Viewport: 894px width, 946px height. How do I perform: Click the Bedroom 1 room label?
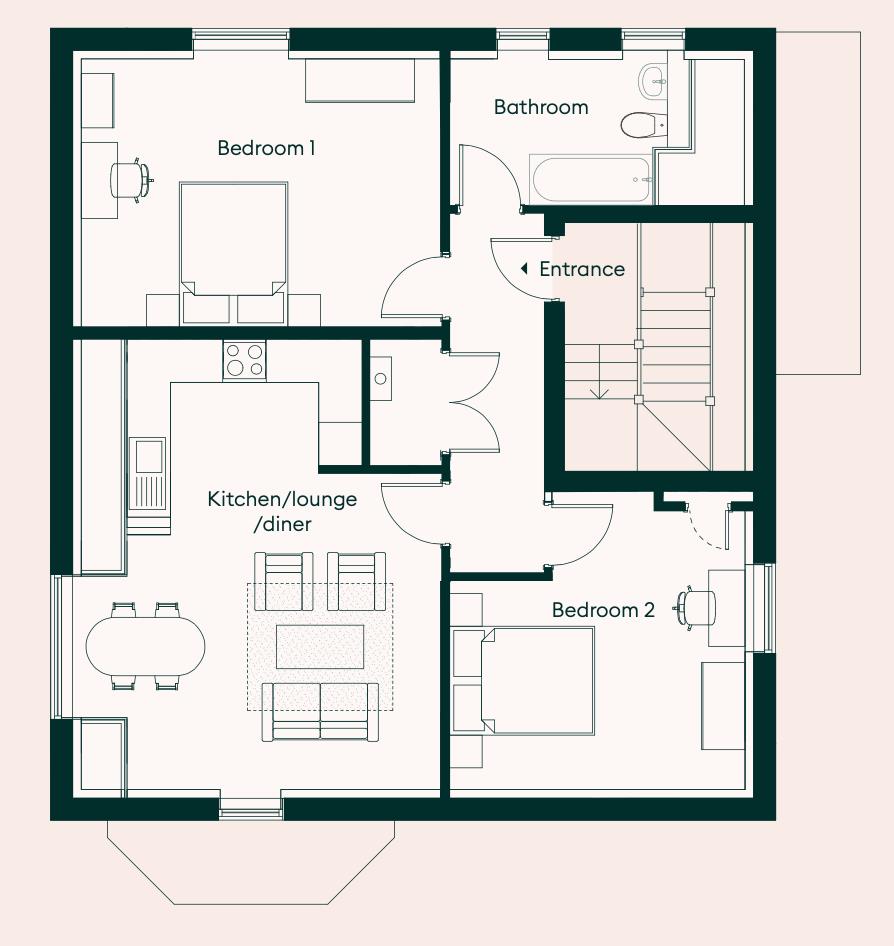pyautogui.click(x=266, y=149)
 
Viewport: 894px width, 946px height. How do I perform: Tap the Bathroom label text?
pyautogui.click(x=541, y=107)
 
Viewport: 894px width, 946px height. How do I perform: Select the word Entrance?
pyautogui.click(x=581, y=269)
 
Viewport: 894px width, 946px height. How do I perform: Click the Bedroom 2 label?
pyautogui.click(x=603, y=610)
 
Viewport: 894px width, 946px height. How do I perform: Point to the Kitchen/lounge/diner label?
pyautogui.click(x=282, y=511)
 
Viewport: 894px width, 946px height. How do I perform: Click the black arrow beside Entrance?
pyautogui.click(x=524, y=269)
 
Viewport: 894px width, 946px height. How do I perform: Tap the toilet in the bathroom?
pyautogui.click(x=638, y=125)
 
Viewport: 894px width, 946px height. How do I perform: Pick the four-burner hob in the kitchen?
pyautogui.click(x=245, y=360)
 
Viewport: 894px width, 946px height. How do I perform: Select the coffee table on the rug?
pyautogui.click(x=320, y=646)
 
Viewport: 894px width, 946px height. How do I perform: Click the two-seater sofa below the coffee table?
pyautogui.click(x=320, y=710)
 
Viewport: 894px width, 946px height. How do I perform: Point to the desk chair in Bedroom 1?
pyautogui.click(x=130, y=180)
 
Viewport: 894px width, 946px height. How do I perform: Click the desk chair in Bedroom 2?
pyautogui.click(x=696, y=606)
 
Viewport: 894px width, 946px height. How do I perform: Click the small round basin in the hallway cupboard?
pyautogui.click(x=380, y=378)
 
